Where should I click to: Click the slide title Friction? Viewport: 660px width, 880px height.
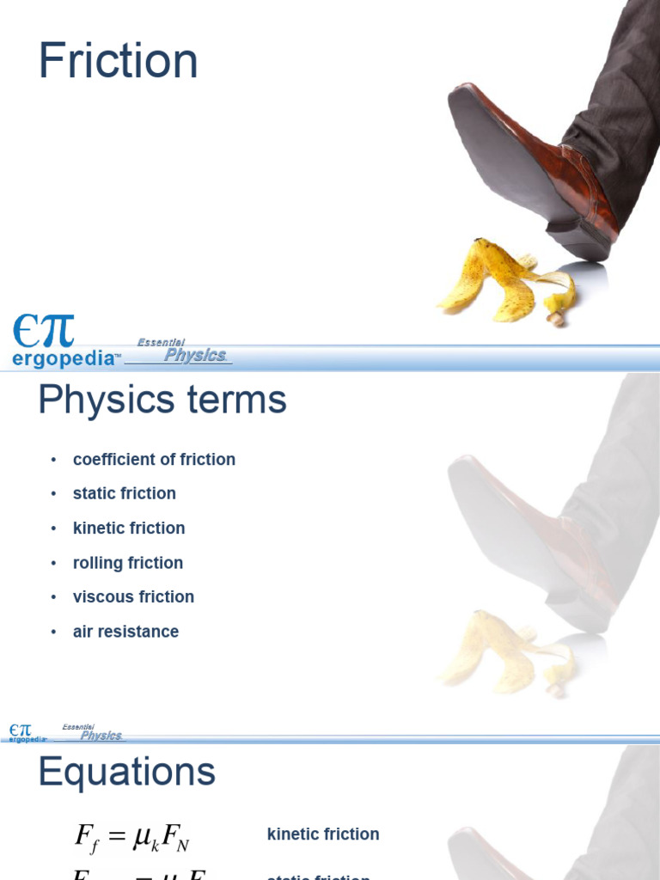click(x=118, y=62)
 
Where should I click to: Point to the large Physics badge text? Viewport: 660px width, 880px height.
click(x=195, y=355)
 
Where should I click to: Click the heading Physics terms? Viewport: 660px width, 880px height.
click(x=162, y=400)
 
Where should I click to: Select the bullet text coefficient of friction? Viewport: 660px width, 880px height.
click(x=154, y=460)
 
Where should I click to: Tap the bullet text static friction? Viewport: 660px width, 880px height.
click(x=124, y=493)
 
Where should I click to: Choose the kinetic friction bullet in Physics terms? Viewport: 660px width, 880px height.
click(x=129, y=529)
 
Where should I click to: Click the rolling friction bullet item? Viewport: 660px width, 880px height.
click(x=127, y=563)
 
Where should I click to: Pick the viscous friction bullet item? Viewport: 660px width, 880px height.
click(x=133, y=596)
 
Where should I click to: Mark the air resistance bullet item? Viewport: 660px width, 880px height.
click(x=125, y=632)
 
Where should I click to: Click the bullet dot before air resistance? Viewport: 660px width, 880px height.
click(x=53, y=632)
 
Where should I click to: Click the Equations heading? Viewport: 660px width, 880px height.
click(x=126, y=773)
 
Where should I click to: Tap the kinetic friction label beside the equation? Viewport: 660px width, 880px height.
click(x=323, y=834)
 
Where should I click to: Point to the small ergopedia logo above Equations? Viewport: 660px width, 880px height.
click(x=27, y=733)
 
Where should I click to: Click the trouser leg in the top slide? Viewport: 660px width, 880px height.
click(x=619, y=95)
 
